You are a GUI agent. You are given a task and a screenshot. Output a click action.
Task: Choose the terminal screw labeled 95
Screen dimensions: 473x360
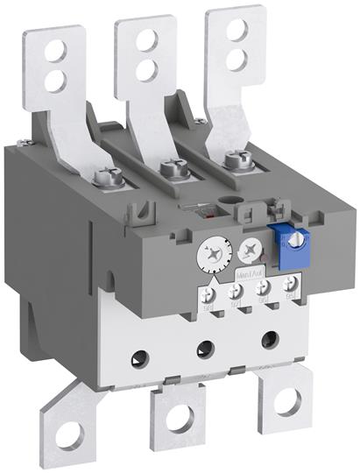(286, 283)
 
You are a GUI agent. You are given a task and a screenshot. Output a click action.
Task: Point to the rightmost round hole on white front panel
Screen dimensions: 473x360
(265, 336)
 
